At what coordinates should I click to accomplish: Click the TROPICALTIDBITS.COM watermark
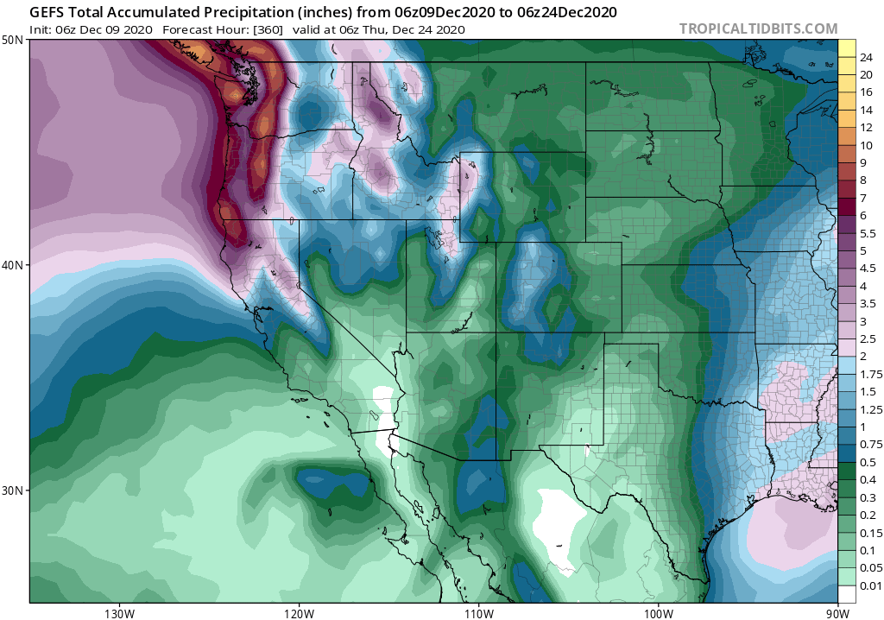pyautogui.click(x=758, y=28)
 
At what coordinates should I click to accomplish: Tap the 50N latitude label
pyautogui.click(x=13, y=41)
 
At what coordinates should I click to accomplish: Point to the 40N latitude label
pyautogui.click(x=13, y=265)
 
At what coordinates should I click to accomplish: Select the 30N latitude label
pyautogui.click(x=13, y=490)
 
